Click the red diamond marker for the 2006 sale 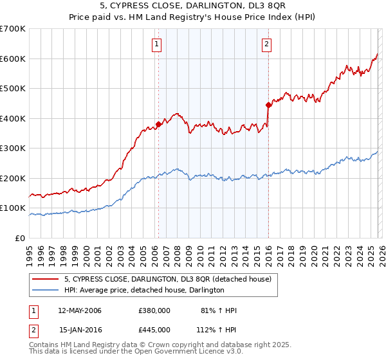tap(158, 125)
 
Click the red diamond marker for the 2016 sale tap(268, 105)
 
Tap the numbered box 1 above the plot tap(157, 44)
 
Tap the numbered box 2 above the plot tap(266, 44)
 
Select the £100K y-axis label tap(13, 208)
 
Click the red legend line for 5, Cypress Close tap(46, 279)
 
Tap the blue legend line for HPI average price tap(46, 291)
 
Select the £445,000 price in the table tap(154, 329)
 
